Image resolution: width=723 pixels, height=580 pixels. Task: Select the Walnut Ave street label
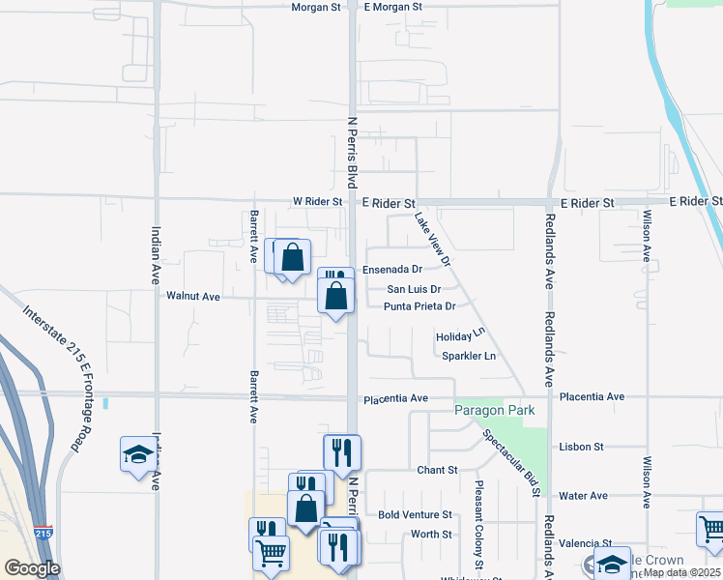(193, 296)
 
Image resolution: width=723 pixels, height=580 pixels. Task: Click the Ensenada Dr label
(392, 270)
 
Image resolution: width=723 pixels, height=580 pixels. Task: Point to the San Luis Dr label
(414, 288)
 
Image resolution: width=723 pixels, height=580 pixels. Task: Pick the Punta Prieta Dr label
(419, 306)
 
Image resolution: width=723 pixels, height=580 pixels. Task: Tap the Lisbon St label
(581, 447)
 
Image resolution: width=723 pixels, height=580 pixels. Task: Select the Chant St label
(437, 471)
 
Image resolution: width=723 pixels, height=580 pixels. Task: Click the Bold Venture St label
(416, 515)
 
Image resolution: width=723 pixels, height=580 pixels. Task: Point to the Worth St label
(431, 535)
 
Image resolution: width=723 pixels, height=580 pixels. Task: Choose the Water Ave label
(583, 496)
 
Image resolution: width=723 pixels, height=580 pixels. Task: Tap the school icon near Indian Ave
(138, 454)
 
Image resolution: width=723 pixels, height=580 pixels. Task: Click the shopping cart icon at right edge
(710, 529)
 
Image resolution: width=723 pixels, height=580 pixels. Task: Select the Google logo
(32, 568)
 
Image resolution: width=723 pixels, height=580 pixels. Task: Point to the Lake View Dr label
(433, 241)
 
